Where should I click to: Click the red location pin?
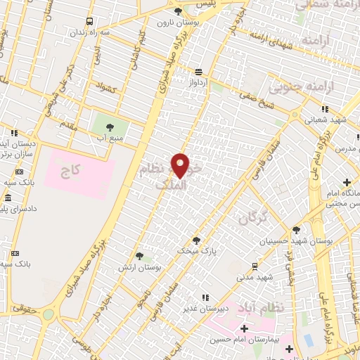point(181,165)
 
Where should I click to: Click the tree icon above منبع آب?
point(110,127)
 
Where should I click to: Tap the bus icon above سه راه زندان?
point(89,22)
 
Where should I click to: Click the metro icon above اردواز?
point(199,72)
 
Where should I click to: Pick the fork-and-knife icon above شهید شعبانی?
point(324,109)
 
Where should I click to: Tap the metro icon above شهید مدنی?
point(254,266)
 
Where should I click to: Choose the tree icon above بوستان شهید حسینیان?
point(296,230)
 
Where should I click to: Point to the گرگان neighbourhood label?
point(254,219)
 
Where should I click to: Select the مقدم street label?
point(67,125)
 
